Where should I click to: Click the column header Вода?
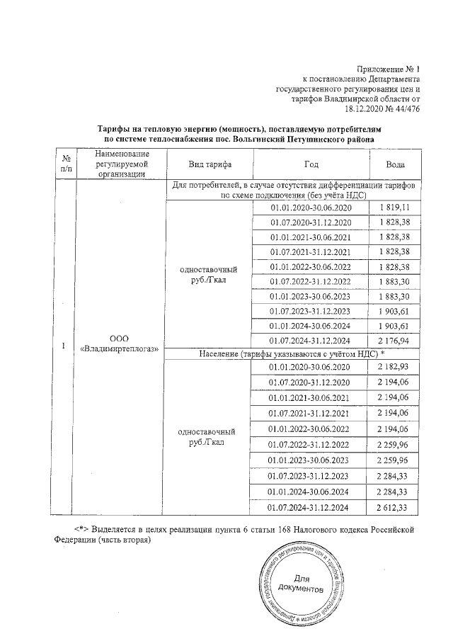(x=395, y=164)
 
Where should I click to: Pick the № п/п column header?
(x=65, y=164)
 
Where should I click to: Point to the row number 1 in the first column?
(x=64, y=345)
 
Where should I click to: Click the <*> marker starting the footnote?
(x=83, y=530)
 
